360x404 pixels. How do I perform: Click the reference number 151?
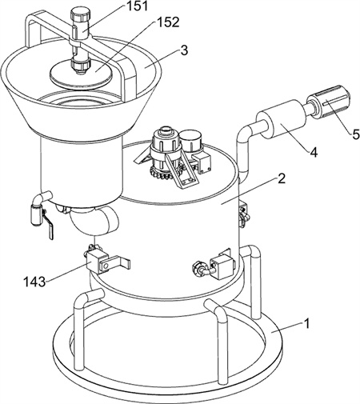[x=137, y=6]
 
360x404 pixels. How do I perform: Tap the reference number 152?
[x=169, y=22]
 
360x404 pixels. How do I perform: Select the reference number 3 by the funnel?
[x=184, y=50]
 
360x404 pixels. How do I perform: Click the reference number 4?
[x=314, y=153]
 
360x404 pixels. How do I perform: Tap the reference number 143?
[x=34, y=282]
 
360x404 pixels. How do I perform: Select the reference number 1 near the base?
[x=306, y=324]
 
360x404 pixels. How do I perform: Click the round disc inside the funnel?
[x=82, y=72]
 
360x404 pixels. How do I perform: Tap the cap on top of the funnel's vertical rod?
[x=80, y=16]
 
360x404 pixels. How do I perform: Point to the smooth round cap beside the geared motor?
[x=191, y=141]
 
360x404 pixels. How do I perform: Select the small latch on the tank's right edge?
[x=244, y=214]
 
